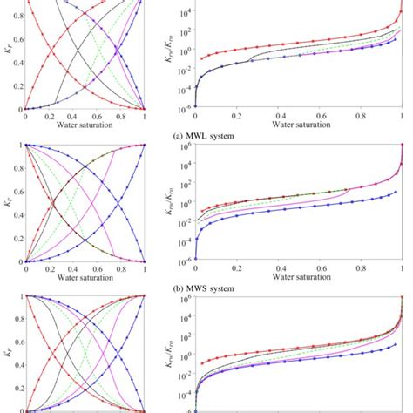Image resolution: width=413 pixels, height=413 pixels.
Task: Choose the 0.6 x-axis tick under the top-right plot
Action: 319,117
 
